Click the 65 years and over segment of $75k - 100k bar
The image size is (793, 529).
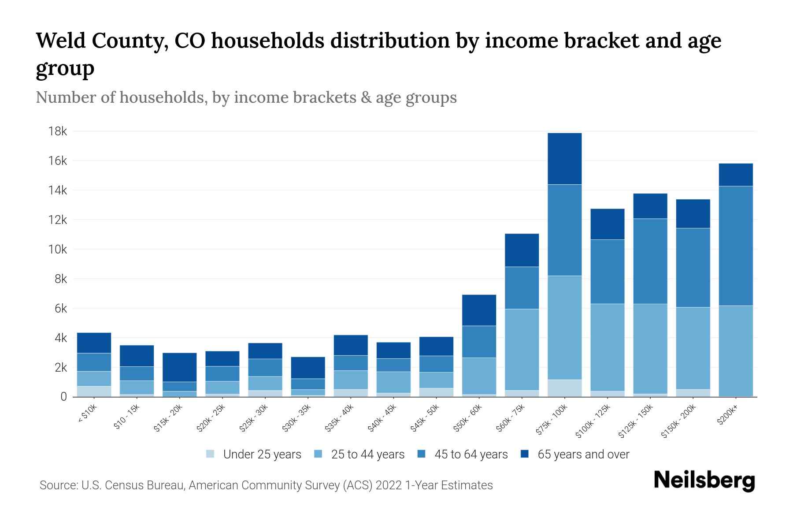(564, 159)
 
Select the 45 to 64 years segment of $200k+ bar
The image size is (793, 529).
(735, 246)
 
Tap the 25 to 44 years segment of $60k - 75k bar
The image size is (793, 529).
(522, 349)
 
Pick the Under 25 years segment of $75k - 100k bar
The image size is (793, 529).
(564, 388)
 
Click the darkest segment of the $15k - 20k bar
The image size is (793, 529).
(179, 367)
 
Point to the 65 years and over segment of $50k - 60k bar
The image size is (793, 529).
(479, 310)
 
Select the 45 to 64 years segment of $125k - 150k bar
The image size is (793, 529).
(650, 261)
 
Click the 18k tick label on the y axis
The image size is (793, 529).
(58, 131)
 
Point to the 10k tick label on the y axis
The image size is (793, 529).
(58, 250)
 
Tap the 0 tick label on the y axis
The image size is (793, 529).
(63, 397)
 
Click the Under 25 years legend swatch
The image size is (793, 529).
(210, 454)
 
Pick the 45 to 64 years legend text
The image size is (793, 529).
(471, 454)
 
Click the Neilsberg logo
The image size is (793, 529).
(704, 481)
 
